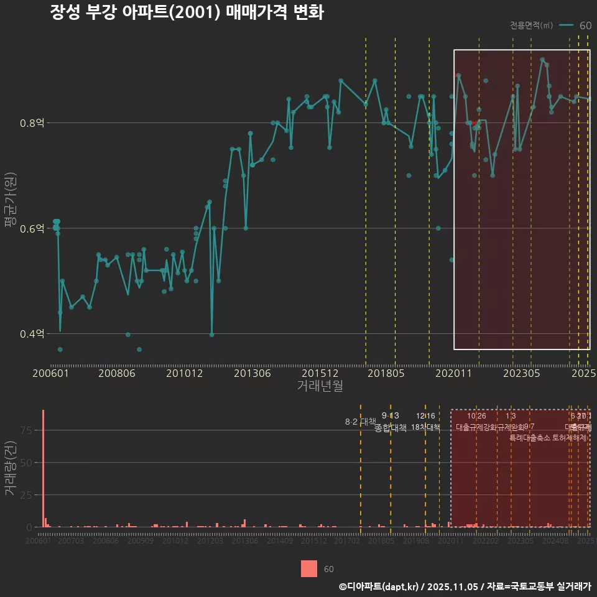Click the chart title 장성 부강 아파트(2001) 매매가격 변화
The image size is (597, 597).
point(187,12)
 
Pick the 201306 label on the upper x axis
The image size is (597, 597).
point(252,374)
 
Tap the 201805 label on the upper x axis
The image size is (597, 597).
point(386,374)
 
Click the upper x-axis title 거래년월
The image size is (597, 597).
point(320,386)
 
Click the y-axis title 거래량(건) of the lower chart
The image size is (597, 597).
point(10,468)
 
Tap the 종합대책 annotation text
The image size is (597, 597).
point(390,427)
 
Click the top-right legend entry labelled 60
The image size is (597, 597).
point(585,25)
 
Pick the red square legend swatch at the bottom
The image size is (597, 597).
point(309,568)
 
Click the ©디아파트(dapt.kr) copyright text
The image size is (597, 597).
point(379,586)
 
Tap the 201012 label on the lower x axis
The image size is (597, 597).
point(175,542)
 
